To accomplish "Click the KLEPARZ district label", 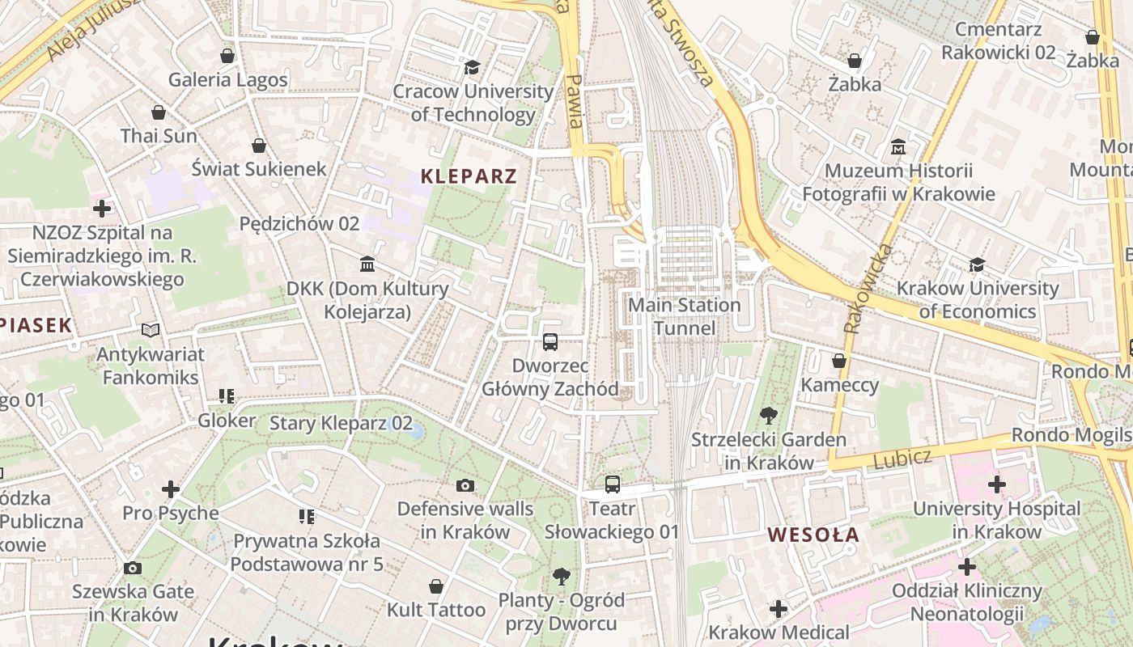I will [x=469, y=176].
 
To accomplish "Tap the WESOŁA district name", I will [x=813, y=535].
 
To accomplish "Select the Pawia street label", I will [x=575, y=102].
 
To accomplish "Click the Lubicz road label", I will [x=902, y=459].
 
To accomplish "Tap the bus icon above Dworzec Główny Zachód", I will [x=550, y=341].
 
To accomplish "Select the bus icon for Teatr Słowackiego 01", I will [x=613, y=484].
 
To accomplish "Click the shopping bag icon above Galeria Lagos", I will [x=227, y=56].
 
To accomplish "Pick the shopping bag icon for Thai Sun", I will [x=159, y=112].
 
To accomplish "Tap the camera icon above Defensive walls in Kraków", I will [x=465, y=485].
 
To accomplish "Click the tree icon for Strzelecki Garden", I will [x=768, y=416].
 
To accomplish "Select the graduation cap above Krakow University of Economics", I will [x=977, y=264].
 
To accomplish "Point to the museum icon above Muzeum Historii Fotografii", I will [x=897, y=147].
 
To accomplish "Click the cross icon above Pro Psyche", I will [x=171, y=489].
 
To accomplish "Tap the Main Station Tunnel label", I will [x=685, y=316].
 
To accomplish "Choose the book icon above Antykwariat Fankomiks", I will [x=151, y=330].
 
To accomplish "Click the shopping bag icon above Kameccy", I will [x=839, y=361].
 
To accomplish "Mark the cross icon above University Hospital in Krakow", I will [x=996, y=484].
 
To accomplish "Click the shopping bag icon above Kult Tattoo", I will [x=436, y=586].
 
